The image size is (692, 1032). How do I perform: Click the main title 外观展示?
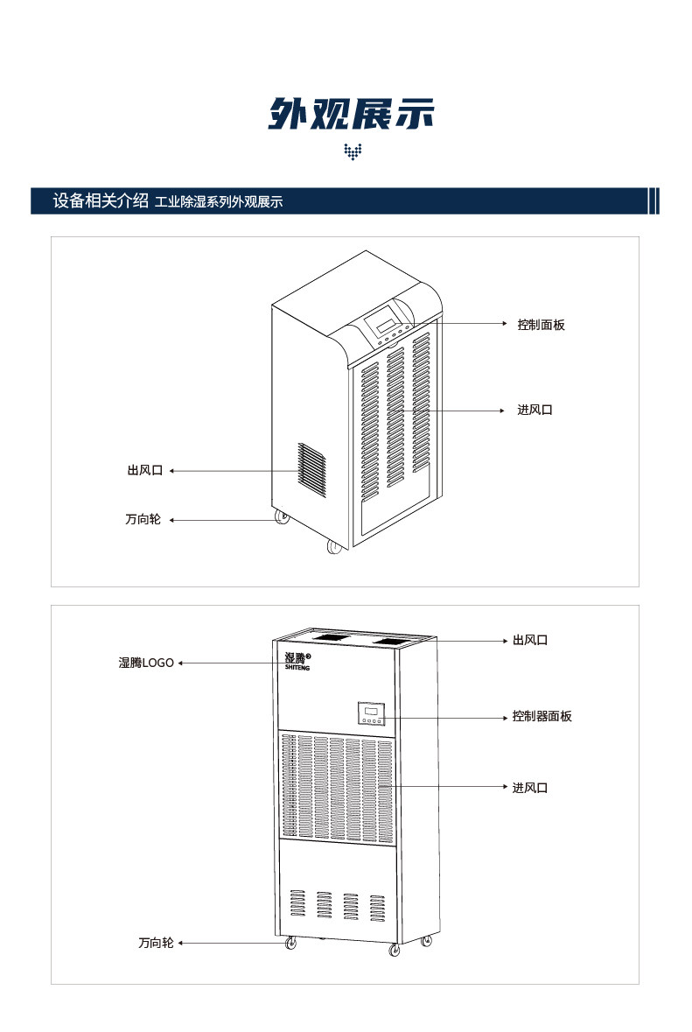[351, 114]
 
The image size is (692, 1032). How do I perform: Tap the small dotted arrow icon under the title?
[353, 152]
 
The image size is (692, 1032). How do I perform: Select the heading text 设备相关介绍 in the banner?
[100, 200]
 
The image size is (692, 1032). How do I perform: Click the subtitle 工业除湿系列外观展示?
[219, 202]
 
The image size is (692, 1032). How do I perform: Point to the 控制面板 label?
[541, 325]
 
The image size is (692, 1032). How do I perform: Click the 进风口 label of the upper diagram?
[535, 410]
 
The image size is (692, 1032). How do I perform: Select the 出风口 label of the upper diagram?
[145, 471]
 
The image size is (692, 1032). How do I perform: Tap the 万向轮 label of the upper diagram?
[143, 520]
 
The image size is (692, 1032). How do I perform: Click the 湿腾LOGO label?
[146, 663]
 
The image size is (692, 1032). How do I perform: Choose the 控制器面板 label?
[542, 716]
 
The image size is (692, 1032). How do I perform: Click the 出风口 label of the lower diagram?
[530, 641]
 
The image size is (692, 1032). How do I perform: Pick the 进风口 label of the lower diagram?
[530, 788]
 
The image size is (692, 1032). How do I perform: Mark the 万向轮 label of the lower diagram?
[156, 943]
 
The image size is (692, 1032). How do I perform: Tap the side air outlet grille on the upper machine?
[311, 470]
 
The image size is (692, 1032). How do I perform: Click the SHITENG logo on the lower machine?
[297, 661]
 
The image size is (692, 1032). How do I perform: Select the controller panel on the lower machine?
[371, 713]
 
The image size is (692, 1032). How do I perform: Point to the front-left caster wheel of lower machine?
[290, 944]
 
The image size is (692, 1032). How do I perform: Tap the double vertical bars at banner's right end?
[653, 200]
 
